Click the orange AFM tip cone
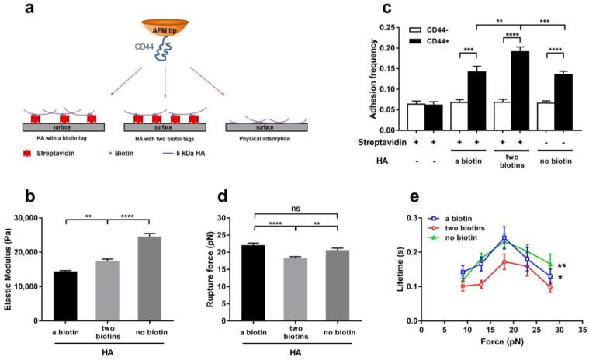tap(165, 29)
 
